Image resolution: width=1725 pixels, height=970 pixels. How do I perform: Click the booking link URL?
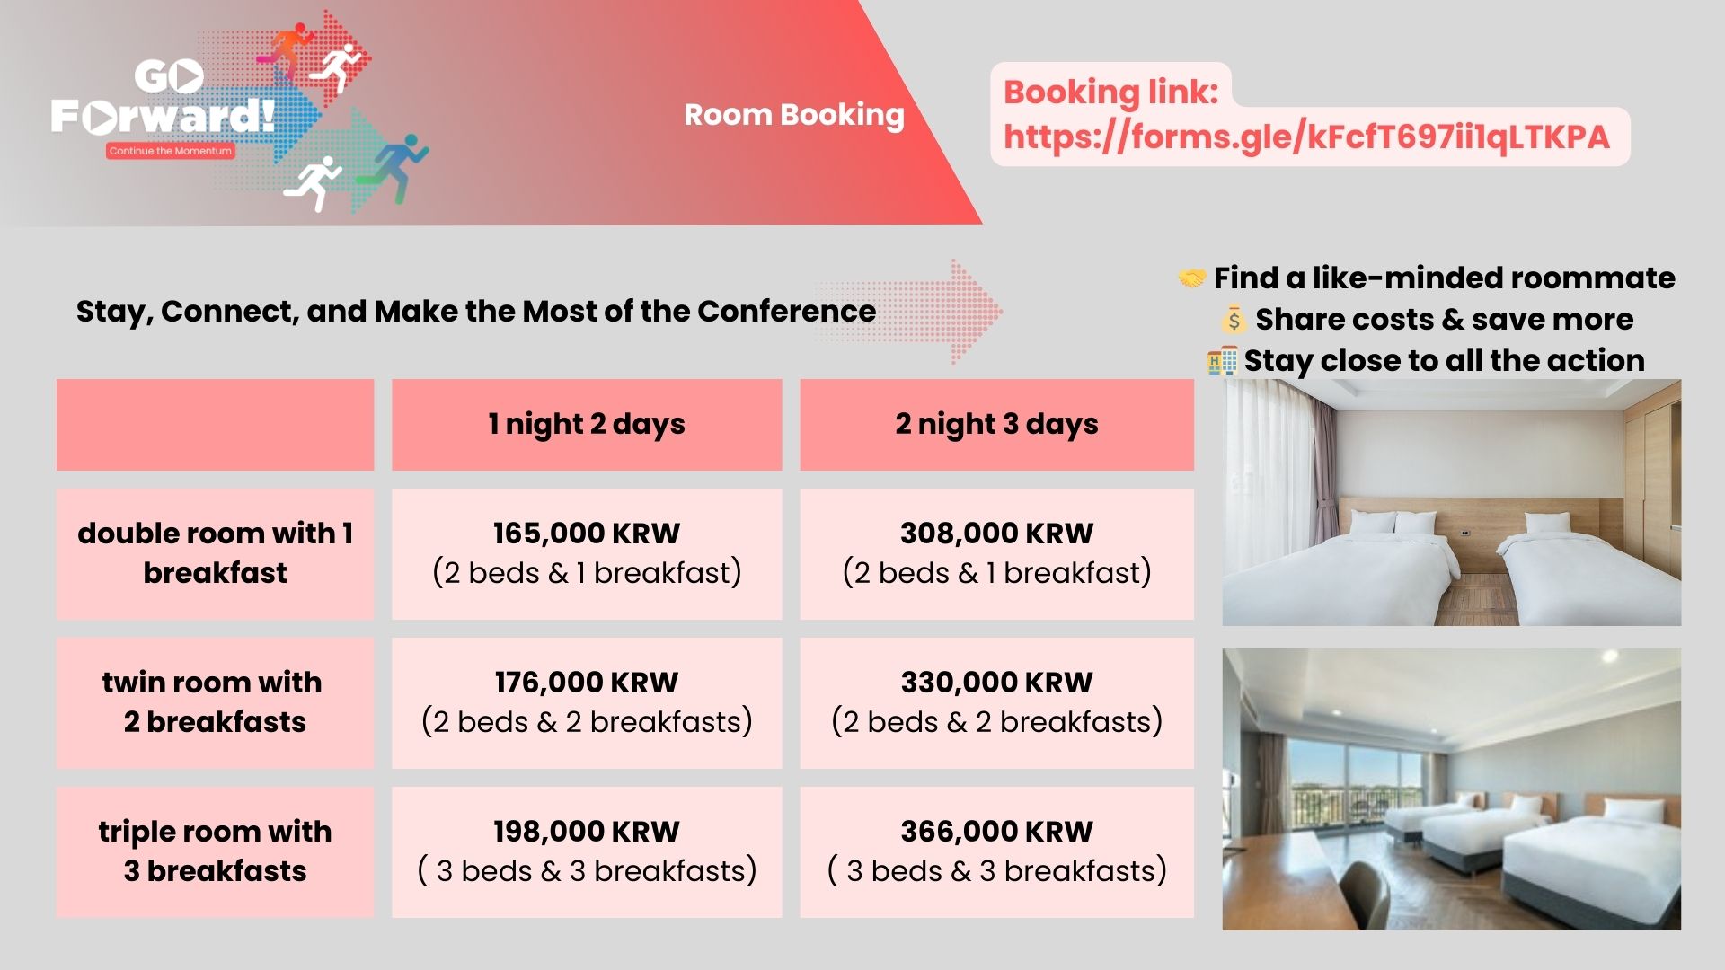[x=1306, y=137]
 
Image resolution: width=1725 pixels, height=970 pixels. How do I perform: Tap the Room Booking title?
[x=794, y=115]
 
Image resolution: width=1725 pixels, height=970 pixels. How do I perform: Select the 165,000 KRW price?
[x=587, y=533]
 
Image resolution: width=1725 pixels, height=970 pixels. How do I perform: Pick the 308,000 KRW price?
[x=997, y=533]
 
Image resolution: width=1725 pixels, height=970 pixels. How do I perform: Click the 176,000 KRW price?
[x=587, y=682]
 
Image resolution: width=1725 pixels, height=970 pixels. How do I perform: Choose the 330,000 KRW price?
[x=997, y=682]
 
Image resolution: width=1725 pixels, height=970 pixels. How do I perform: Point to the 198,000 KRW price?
[x=587, y=831]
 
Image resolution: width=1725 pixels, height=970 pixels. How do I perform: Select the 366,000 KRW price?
[x=997, y=831]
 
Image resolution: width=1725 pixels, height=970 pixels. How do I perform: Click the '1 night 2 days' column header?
[x=587, y=424]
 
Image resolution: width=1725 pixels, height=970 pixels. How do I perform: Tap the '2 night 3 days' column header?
[x=997, y=424]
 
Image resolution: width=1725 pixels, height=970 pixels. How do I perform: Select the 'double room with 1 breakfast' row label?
[x=216, y=552]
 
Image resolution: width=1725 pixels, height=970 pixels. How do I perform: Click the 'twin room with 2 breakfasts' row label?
[x=214, y=701]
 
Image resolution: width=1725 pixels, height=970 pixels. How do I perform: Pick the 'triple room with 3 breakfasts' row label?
[x=216, y=851]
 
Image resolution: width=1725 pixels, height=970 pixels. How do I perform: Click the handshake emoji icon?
[x=1191, y=278]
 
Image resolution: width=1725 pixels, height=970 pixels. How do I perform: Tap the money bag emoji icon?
[x=1233, y=319]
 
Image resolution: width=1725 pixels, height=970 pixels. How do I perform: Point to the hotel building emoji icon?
[x=1222, y=361]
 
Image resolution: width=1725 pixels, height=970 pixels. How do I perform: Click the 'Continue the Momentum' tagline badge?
[x=171, y=151]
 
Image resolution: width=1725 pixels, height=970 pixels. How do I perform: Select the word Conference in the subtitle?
[x=786, y=311]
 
